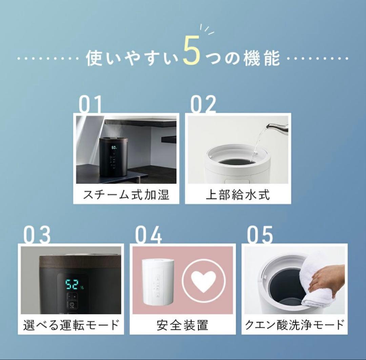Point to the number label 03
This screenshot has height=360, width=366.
tap(37, 235)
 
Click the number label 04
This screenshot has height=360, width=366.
tap(148, 235)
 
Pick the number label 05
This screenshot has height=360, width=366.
tap(260, 235)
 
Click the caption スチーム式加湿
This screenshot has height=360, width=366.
tap(126, 195)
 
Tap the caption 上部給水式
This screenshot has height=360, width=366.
tap(238, 195)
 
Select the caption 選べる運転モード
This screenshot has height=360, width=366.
tap(71, 325)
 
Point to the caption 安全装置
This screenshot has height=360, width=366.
tap(182, 325)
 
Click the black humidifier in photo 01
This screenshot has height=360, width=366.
tap(114, 156)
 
